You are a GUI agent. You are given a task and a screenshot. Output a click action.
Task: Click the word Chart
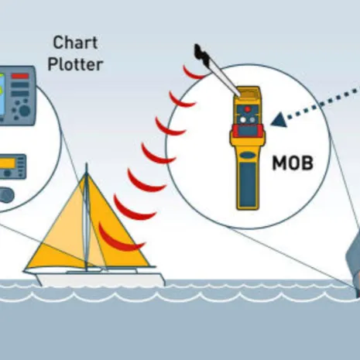[75, 43]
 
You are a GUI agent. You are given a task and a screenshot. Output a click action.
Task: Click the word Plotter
[75, 64]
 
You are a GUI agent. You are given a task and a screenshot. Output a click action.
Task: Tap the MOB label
[293, 163]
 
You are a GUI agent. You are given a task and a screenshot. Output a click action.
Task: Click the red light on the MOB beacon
[248, 109]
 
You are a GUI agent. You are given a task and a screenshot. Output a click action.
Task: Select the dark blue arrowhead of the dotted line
[279, 120]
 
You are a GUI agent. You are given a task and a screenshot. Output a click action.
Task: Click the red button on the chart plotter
[20, 76]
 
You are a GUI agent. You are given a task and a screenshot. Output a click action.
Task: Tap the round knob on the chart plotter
[25, 111]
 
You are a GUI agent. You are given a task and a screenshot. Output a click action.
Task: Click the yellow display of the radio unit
[7, 163]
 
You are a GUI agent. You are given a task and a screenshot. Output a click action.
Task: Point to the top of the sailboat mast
[87, 163]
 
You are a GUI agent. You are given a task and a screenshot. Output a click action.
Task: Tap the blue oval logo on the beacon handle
[248, 156]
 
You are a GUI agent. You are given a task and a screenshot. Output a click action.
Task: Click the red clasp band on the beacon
[247, 131]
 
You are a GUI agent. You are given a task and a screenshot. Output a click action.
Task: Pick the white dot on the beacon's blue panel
[243, 120]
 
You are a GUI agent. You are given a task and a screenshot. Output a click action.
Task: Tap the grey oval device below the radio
[5, 195]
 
